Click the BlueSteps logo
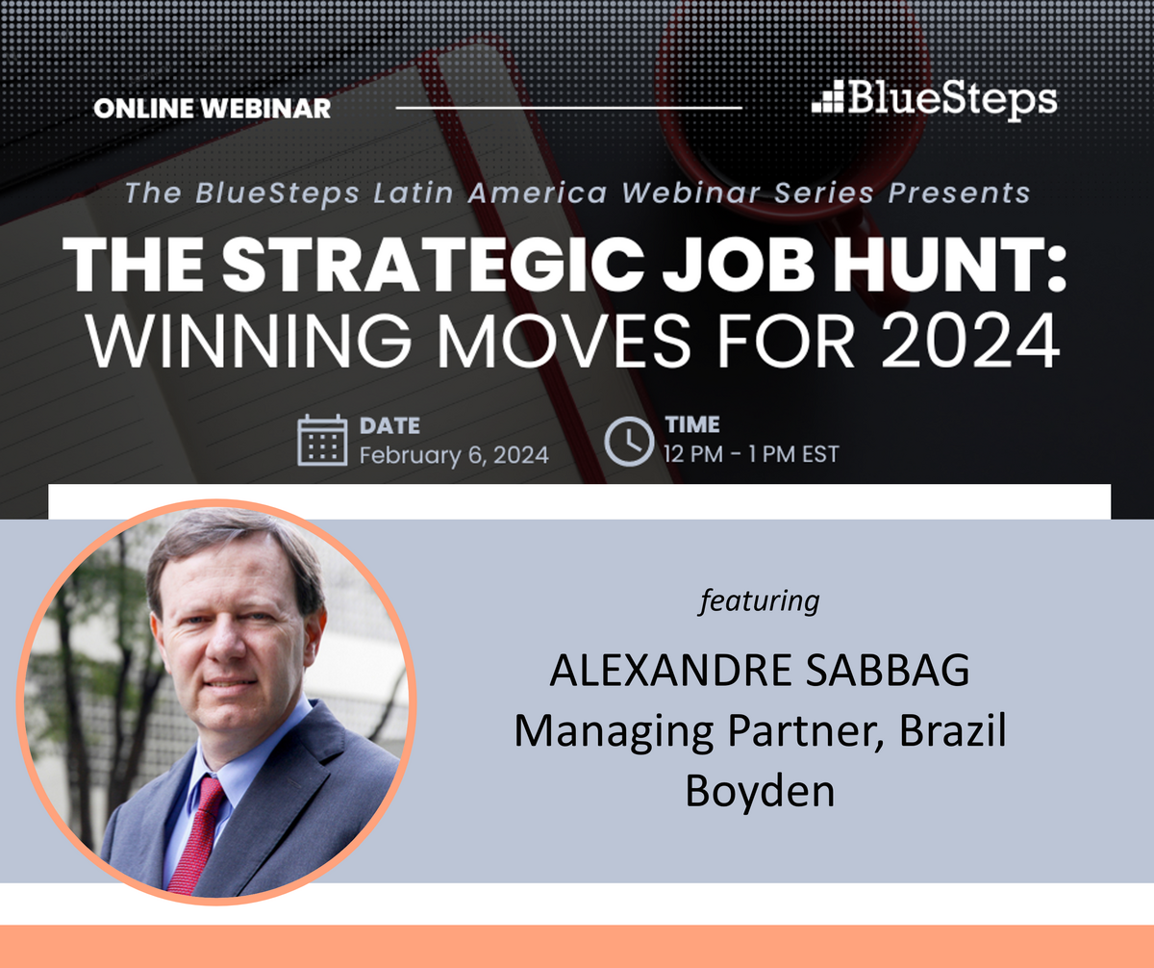coord(934,99)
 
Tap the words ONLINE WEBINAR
coord(212,108)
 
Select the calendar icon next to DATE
coord(321,441)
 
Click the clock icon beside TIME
coord(628,441)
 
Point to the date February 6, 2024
coord(454,454)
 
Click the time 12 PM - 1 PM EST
coord(751,453)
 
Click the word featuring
coord(760,600)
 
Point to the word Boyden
coord(760,790)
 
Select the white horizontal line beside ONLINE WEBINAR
coord(568,108)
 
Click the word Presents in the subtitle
coord(959,192)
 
